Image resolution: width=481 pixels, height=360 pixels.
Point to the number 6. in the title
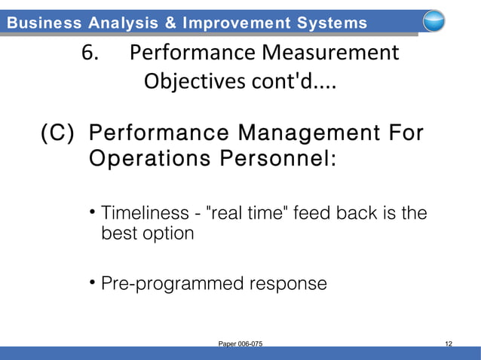(x=91, y=54)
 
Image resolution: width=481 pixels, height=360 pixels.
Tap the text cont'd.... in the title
(x=295, y=81)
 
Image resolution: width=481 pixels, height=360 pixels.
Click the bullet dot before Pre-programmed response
(x=91, y=282)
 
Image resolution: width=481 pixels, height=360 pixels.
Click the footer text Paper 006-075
(x=240, y=344)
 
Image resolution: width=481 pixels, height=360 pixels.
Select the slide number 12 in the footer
(x=449, y=344)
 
